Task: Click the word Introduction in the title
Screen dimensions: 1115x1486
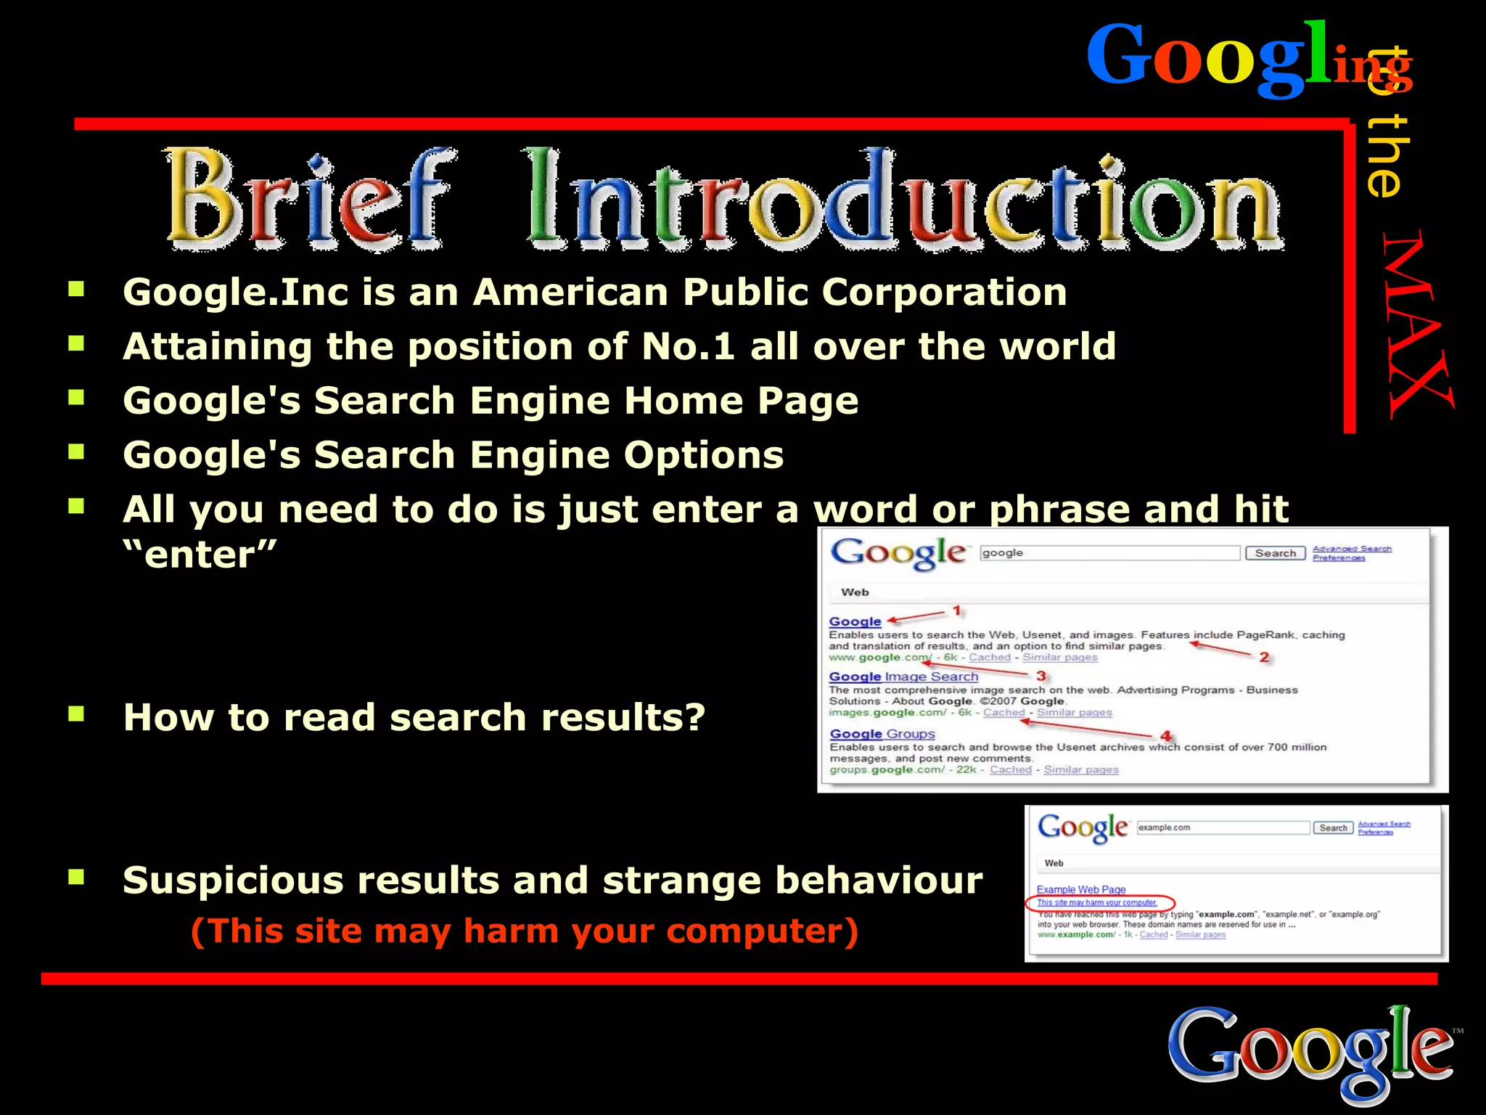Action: click(904, 197)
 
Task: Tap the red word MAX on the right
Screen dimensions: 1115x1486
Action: click(1417, 324)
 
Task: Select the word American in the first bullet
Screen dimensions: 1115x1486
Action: click(569, 293)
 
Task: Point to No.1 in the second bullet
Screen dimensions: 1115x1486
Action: click(688, 346)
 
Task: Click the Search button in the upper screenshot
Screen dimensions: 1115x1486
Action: click(1275, 553)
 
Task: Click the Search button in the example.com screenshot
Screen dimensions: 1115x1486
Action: click(1333, 828)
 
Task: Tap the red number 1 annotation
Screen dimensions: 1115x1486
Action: click(957, 611)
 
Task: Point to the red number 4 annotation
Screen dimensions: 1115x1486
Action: click(1166, 736)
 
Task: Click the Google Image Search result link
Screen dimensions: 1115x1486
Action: click(903, 677)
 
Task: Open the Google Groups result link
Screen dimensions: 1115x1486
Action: click(882, 734)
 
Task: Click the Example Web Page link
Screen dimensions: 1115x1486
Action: click(1081, 889)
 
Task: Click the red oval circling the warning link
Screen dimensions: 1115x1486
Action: click(1099, 904)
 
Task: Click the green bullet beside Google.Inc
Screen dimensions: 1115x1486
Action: click(76, 290)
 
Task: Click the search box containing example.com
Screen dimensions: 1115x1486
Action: click(1223, 828)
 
